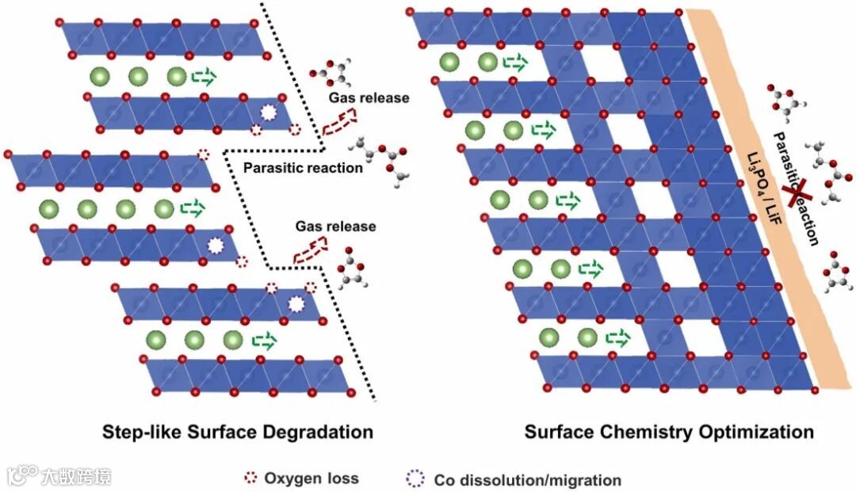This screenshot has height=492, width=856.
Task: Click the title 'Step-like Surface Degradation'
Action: click(238, 433)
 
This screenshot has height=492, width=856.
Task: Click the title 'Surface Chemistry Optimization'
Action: click(669, 433)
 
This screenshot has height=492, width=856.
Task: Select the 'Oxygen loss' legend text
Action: click(311, 478)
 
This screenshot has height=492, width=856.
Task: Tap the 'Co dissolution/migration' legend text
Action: click(527, 480)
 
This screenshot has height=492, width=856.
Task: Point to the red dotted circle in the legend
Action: click(250, 478)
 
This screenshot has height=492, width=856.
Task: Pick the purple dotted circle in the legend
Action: click(415, 479)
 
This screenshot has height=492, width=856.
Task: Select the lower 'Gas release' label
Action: click(336, 227)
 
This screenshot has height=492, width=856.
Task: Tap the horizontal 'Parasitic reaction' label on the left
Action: click(303, 167)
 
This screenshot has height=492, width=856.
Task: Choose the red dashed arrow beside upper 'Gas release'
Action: click(339, 121)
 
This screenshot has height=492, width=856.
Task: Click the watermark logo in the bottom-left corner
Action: click(22, 475)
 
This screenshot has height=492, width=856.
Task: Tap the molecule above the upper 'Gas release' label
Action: click(329, 71)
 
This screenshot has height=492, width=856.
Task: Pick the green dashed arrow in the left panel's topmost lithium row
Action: click(203, 77)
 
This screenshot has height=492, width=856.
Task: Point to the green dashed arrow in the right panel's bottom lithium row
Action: click(617, 338)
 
